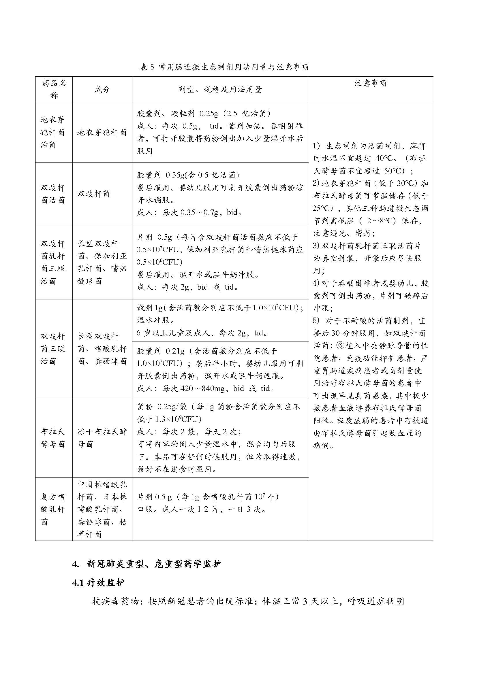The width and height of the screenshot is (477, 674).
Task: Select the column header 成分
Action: point(102,90)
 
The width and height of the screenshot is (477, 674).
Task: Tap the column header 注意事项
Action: point(370,83)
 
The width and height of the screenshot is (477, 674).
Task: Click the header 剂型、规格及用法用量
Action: point(220,90)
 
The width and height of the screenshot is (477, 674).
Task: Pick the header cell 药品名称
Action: point(54,89)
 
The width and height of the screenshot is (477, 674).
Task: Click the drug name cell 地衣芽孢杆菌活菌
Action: point(53,132)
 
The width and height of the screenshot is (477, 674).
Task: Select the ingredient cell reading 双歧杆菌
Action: point(94,194)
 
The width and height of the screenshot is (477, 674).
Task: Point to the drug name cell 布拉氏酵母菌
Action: point(53,438)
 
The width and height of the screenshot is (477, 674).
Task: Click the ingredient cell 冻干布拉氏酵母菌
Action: point(102,438)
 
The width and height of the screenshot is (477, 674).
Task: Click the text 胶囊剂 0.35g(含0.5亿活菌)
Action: point(188,175)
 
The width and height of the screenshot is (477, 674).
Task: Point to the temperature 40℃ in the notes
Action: point(386,158)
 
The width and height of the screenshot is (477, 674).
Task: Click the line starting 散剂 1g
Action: point(220,308)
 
